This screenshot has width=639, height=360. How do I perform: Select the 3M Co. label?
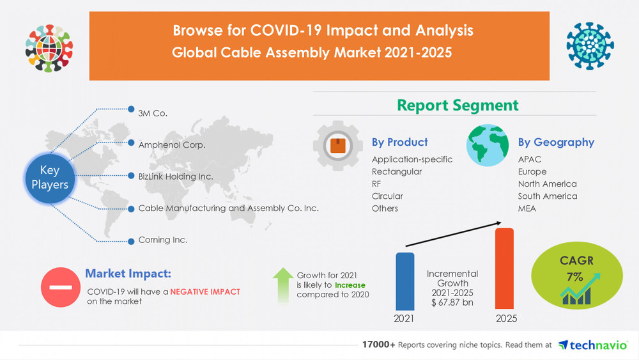tap(153, 113)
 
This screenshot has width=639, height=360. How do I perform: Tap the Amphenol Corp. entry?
tap(172, 145)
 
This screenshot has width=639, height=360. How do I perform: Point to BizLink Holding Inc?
tap(176, 176)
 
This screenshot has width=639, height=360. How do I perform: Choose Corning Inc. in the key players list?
tap(163, 240)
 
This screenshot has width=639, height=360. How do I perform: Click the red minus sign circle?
tap(61, 287)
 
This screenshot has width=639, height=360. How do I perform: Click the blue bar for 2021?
tap(404, 281)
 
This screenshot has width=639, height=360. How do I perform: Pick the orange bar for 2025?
tap(505, 269)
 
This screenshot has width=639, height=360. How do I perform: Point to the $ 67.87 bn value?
tap(452, 302)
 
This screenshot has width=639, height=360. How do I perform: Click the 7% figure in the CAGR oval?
tap(573, 277)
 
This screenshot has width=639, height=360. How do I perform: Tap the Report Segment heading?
tap(458, 105)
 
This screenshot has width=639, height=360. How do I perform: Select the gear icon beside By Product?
tap(338, 146)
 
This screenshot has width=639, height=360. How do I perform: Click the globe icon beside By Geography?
tap(488, 145)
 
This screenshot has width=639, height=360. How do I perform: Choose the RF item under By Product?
tap(378, 184)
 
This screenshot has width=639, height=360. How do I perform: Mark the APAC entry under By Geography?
tap(530, 159)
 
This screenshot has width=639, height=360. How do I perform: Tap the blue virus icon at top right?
tap(590, 46)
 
